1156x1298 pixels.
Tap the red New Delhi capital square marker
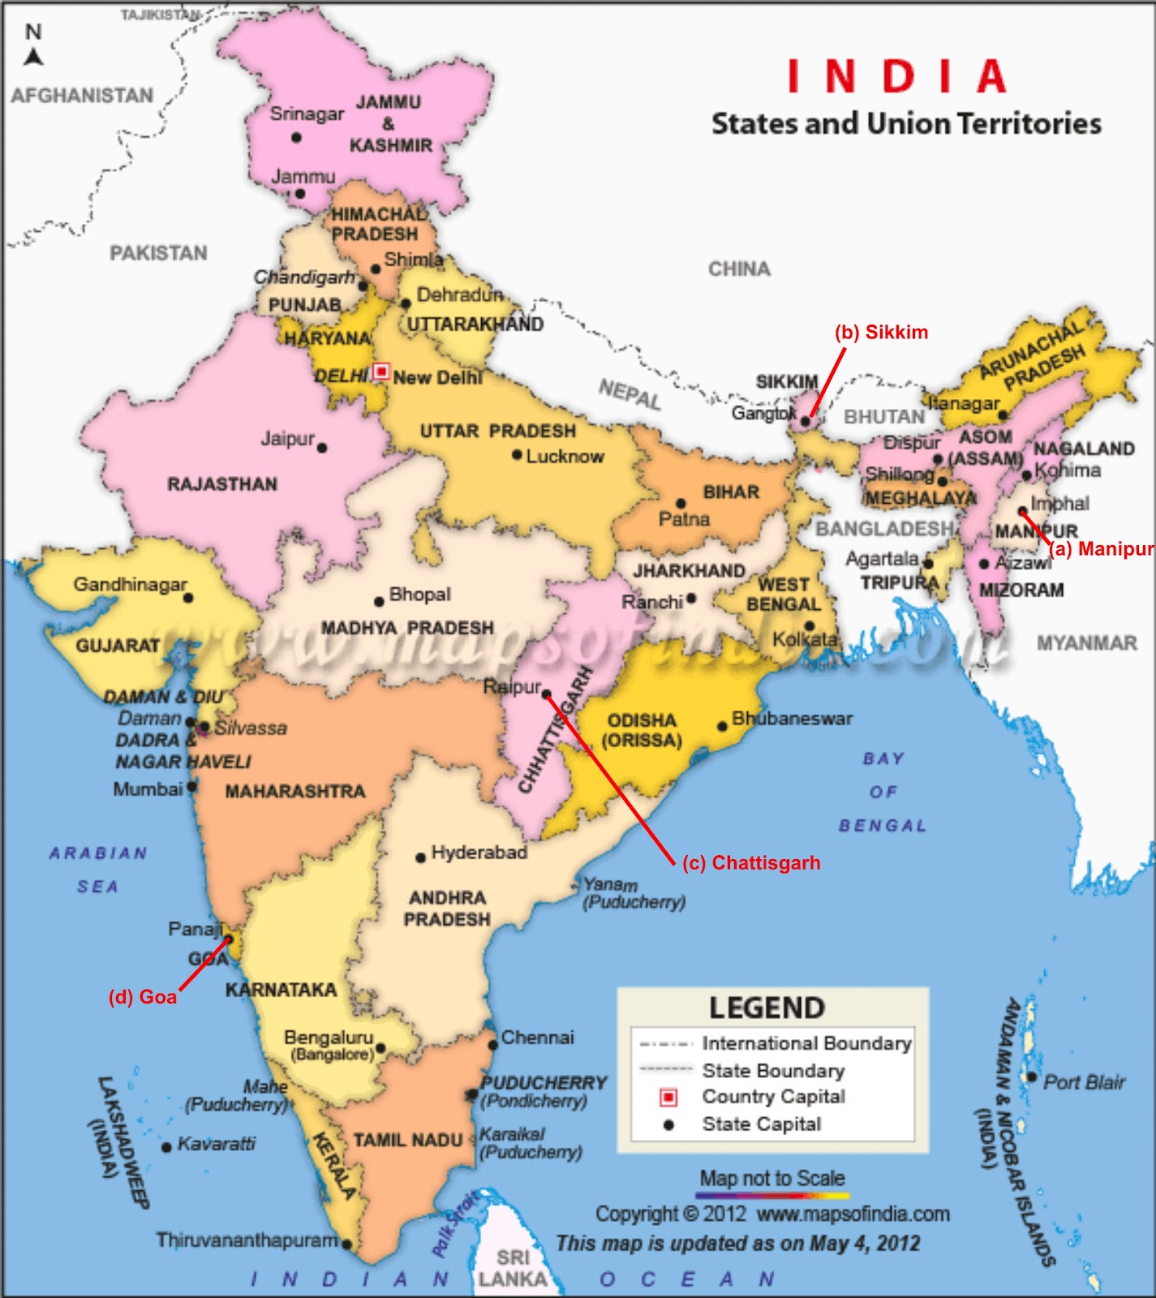(x=381, y=372)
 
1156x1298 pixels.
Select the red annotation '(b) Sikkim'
(x=881, y=333)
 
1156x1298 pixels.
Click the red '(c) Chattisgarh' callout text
(x=751, y=863)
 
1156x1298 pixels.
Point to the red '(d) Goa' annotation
(x=143, y=997)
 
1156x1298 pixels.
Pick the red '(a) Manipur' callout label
(x=1101, y=549)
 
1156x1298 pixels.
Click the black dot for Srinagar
(x=296, y=138)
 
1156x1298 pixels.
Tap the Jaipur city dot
(x=322, y=448)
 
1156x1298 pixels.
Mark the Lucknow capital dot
(x=517, y=455)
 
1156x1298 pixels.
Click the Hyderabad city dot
(x=420, y=857)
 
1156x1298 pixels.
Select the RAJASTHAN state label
(x=222, y=484)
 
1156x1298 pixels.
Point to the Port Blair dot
(x=1032, y=1077)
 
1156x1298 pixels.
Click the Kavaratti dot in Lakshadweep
(x=166, y=1147)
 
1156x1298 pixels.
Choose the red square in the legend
(x=668, y=1098)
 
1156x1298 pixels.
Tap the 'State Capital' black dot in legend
(x=668, y=1125)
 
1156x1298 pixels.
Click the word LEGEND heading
(x=767, y=1008)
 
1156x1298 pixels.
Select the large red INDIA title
(x=897, y=77)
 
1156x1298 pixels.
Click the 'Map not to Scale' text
(x=772, y=1178)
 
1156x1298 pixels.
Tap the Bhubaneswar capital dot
(x=722, y=726)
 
